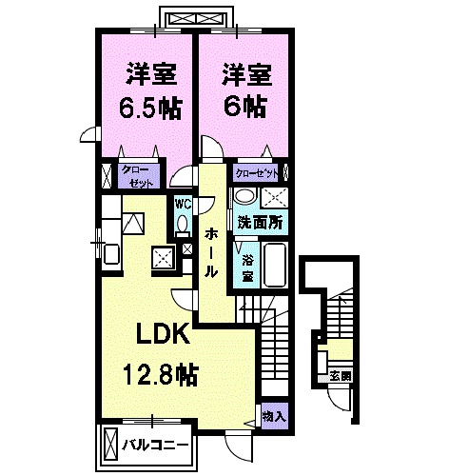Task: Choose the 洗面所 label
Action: click(260, 222)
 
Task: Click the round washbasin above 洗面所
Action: click(244, 197)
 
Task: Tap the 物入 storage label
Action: click(273, 418)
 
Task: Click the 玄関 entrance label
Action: click(339, 375)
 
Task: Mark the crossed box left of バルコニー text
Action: click(111, 444)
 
